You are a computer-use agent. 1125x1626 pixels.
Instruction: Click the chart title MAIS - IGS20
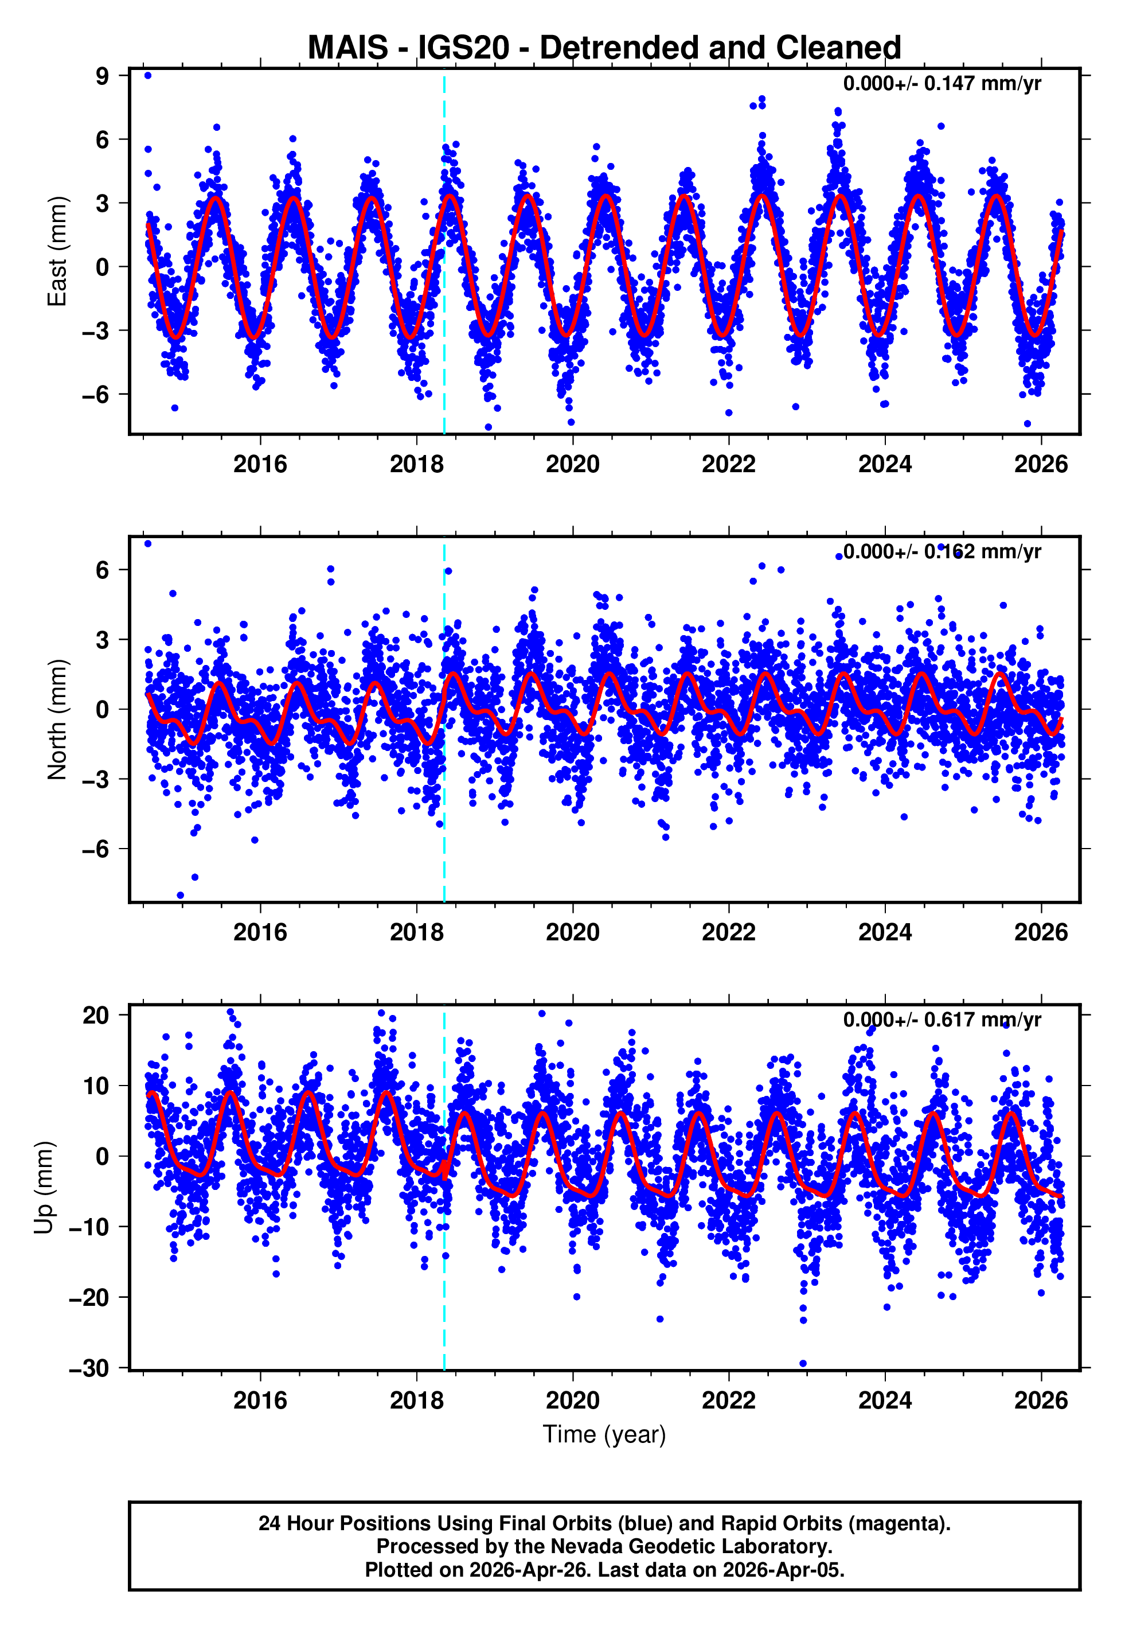604,48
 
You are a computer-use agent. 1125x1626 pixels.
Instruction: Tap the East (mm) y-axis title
57,252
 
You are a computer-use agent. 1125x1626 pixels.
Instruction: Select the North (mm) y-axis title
57,719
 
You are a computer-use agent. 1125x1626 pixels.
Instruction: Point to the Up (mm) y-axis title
44,1188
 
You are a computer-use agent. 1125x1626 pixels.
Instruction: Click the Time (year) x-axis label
604,1434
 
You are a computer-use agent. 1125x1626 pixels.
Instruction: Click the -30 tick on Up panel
89,1368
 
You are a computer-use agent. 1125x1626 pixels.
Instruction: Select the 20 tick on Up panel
96,1016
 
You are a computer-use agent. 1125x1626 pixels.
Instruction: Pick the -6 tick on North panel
96,849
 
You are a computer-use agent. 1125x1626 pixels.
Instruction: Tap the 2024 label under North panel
885,932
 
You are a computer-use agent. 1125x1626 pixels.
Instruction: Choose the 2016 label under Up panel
260,1400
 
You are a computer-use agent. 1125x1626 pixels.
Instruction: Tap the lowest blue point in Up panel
803,1364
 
